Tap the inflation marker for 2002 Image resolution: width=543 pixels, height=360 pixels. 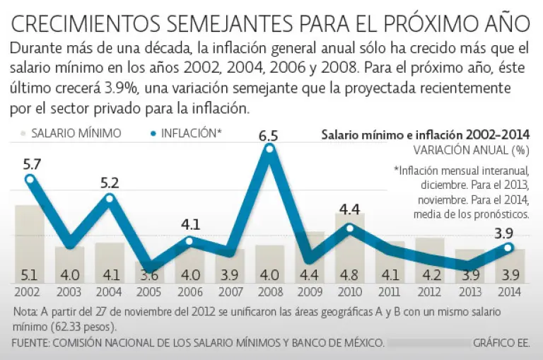(x=30, y=179)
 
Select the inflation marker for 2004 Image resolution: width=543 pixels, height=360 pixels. (x=110, y=198)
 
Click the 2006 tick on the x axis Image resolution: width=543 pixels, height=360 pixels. (x=189, y=292)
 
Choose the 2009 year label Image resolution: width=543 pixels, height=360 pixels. (x=309, y=292)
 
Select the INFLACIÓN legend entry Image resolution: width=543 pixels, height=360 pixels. (x=186, y=133)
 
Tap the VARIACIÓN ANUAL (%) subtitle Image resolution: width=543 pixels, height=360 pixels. (x=471, y=150)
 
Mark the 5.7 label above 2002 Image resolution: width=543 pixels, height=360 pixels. (x=32, y=164)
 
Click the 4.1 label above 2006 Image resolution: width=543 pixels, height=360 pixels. (x=190, y=226)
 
